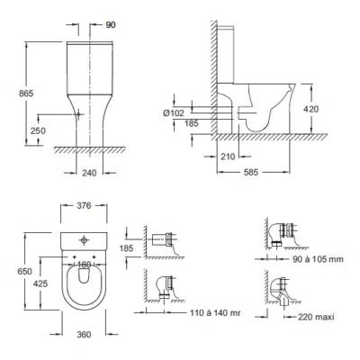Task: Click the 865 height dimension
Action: pyautogui.click(x=26, y=94)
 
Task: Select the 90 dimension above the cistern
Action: pyautogui.click(x=111, y=25)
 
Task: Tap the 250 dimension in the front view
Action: pyautogui.click(x=38, y=130)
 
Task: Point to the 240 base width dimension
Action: pyautogui.click(x=89, y=173)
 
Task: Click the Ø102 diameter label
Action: pyautogui.click(x=174, y=112)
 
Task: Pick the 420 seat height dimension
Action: pyautogui.click(x=310, y=109)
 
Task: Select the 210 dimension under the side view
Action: pyautogui.click(x=228, y=157)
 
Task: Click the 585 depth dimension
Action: pyautogui.click(x=251, y=172)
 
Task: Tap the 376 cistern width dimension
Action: pyautogui.click(x=84, y=206)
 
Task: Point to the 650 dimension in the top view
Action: pyautogui.click(x=24, y=271)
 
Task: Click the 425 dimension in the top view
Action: pyautogui.click(x=40, y=283)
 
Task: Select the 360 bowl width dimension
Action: pyautogui.click(x=84, y=334)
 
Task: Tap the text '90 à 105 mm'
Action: pyautogui.click(x=318, y=259)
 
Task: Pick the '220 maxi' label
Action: pyautogui.click(x=316, y=317)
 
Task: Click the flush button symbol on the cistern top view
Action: pyautogui.click(x=84, y=240)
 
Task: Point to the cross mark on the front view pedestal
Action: pyautogui.click(x=78, y=114)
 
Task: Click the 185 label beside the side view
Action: pyautogui.click(x=191, y=123)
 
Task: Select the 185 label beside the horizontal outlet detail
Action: pyautogui.click(x=126, y=248)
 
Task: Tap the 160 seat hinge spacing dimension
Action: pyautogui.click(x=84, y=265)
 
